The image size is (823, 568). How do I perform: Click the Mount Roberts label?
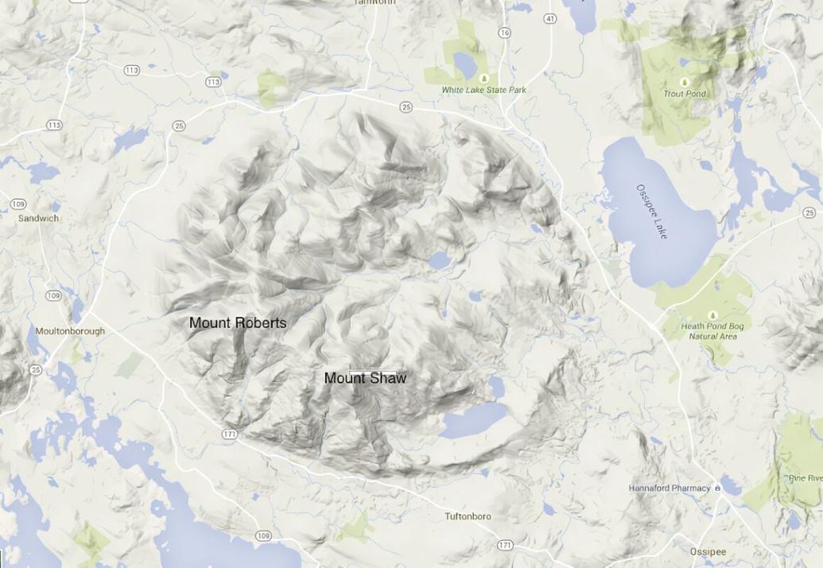coord(238,323)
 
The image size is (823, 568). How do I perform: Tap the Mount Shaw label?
coord(365,378)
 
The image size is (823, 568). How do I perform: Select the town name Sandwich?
coord(38,218)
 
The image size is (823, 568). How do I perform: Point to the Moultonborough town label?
coord(70,331)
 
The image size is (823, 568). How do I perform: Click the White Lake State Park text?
coord(483,90)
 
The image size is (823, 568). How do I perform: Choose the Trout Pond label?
coord(685,94)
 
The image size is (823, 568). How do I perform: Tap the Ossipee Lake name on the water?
coord(652,212)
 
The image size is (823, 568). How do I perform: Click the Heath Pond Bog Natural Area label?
coord(712,331)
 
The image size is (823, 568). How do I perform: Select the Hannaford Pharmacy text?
coord(669,488)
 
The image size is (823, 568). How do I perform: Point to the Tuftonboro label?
coord(468,516)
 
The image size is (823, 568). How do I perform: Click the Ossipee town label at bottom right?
coord(708,551)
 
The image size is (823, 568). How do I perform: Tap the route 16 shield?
coord(504,33)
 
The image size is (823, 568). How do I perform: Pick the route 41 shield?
coord(550,18)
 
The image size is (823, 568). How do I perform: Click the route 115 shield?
coord(54,125)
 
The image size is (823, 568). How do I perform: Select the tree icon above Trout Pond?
coord(684,82)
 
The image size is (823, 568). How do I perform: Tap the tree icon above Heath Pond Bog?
coord(712,316)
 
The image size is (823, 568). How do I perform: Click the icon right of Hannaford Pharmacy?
coord(718,488)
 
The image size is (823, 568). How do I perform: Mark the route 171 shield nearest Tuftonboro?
coord(505,544)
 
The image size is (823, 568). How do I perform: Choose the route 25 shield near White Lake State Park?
coord(406,107)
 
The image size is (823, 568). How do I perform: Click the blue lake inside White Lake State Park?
coord(464,62)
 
